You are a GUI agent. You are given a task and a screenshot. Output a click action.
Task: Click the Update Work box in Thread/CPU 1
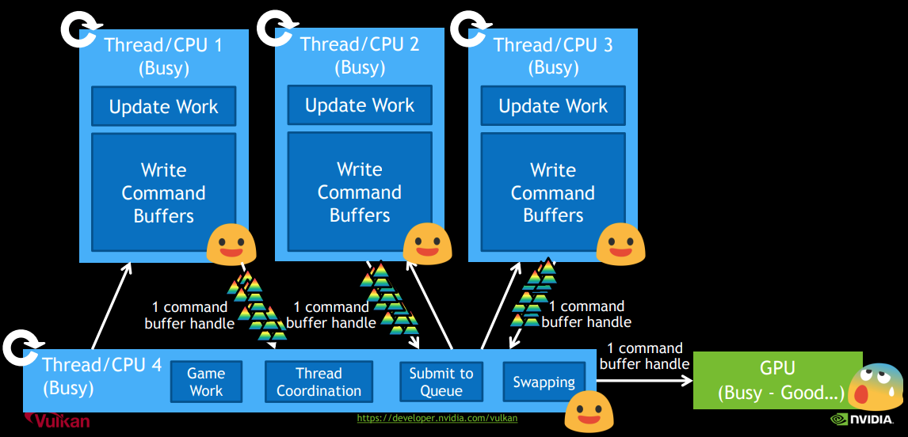click(163, 107)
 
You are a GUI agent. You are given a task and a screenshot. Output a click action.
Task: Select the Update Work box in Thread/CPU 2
click(360, 106)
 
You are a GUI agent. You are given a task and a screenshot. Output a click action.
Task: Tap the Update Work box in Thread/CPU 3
click(553, 106)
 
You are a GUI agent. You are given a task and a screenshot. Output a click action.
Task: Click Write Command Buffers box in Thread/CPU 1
click(163, 192)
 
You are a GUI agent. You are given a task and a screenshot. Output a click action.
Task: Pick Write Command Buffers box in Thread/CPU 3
click(553, 192)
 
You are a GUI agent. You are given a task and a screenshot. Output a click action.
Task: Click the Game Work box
click(206, 382)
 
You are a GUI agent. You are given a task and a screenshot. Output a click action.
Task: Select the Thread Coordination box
click(319, 382)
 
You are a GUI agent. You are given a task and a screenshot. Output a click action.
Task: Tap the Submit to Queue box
click(441, 382)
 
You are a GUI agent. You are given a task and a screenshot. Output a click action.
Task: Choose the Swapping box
click(544, 382)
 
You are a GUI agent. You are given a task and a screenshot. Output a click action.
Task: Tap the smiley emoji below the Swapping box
click(588, 412)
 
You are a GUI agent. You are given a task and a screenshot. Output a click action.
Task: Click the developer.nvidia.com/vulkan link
click(437, 418)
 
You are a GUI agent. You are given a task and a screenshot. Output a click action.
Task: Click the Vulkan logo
click(57, 420)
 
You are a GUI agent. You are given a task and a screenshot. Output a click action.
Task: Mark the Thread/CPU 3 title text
click(553, 45)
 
